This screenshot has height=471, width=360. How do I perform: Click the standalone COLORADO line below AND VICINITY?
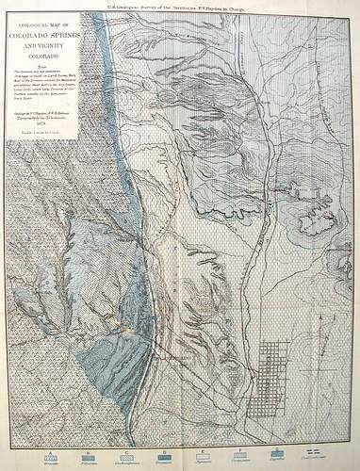pyautogui.click(x=45, y=56)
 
